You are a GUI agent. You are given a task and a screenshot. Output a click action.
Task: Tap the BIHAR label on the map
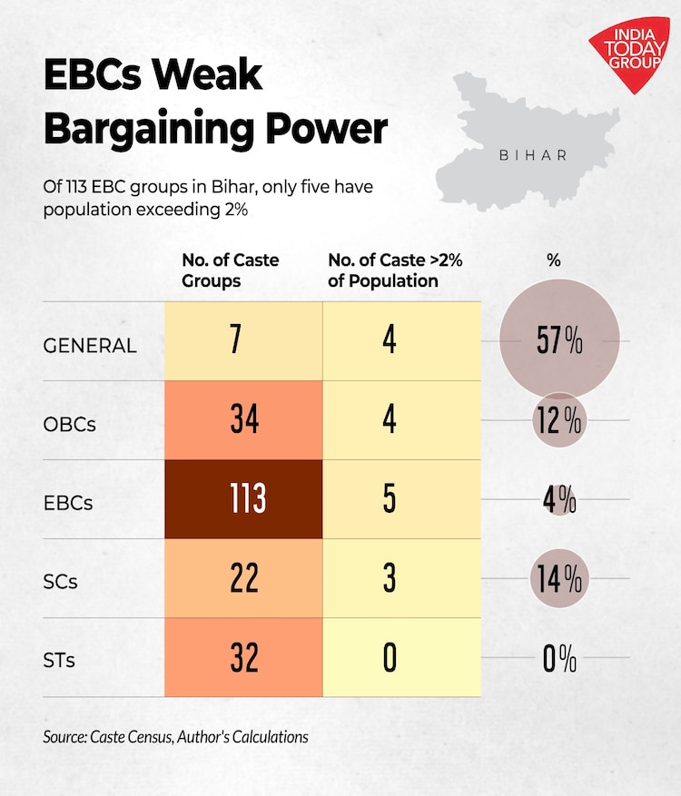click(534, 155)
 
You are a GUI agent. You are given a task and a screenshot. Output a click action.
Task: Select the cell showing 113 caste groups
click(243, 499)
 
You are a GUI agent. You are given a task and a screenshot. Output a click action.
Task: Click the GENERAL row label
click(90, 345)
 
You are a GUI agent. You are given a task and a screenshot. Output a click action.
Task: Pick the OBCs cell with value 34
click(243, 420)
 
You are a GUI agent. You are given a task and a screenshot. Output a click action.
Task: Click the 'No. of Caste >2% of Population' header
click(395, 270)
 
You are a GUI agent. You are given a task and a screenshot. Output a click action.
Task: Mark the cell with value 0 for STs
click(389, 657)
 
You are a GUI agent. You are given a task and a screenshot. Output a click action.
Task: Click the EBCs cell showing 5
click(389, 499)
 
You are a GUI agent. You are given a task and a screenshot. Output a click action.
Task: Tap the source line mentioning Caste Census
click(175, 736)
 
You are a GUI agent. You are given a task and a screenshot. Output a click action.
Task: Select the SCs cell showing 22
click(243, 578)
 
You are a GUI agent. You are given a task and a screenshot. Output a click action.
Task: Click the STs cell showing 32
click(243, 657)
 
